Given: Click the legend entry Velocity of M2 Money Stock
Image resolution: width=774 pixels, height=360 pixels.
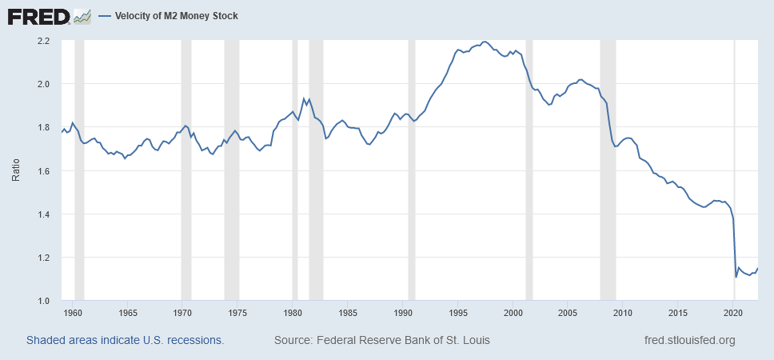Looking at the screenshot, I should point(170,16).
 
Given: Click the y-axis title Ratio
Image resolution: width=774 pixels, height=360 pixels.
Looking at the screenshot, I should point(15,170).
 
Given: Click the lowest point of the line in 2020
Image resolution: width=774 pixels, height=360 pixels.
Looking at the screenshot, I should point(736,277).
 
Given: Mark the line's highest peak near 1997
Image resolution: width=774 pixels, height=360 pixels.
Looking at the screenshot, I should point(485,42).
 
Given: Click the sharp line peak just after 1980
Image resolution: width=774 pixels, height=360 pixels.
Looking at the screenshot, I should point(304,98).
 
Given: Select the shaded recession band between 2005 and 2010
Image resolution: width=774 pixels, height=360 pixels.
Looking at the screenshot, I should point(608,170).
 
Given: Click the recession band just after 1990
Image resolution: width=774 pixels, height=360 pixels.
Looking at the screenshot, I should point(412,170).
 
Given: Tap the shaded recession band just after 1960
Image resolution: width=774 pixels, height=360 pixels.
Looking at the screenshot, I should point(79,170).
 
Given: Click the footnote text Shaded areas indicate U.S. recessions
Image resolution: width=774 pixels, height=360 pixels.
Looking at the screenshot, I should point(125,340).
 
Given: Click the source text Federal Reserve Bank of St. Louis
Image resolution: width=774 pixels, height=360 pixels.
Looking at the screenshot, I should point(382,340).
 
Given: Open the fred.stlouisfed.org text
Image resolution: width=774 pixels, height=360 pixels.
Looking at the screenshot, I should point(689,340).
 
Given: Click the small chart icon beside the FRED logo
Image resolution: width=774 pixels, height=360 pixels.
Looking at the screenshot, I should point(82,16).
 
